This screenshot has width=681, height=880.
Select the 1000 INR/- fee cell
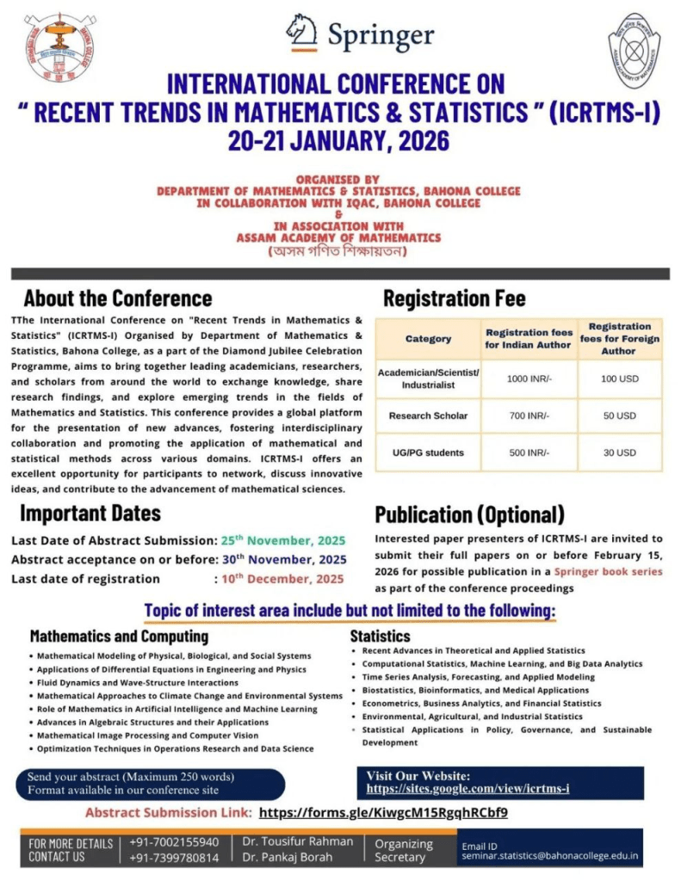[528, 378]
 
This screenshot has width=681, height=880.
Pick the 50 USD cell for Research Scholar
[619, 415]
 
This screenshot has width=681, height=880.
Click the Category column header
[428, 338]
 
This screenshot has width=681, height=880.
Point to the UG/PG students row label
[428, 452]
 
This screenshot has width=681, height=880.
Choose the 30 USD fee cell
[619, 452]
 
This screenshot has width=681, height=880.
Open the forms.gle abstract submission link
[383, 812]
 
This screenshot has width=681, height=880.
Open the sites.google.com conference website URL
[467, 788]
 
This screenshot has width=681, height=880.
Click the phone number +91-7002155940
[174, 842]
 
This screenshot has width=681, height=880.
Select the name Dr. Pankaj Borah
[285, 858]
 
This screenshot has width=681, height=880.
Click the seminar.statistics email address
[550, 856]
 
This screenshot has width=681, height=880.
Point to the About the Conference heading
[118, 298]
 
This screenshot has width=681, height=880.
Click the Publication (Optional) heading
[469, 514]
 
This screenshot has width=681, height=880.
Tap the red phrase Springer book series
[609, 571]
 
